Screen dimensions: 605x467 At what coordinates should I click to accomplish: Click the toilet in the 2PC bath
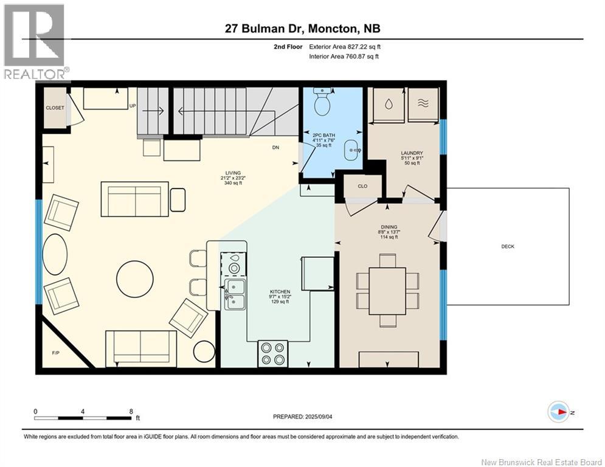[x=322, y=101]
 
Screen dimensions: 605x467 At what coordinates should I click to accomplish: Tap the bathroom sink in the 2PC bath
[x=351, y=149]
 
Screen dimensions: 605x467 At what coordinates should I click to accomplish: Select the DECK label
[x=508, y=246]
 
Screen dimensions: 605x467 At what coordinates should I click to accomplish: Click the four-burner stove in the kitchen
[x=273, y=353]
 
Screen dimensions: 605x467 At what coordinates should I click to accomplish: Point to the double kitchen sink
[x=235, y=294]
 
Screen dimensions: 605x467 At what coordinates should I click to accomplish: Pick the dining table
[x=387, y=286]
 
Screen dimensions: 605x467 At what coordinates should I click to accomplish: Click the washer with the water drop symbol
[x=388, y=105]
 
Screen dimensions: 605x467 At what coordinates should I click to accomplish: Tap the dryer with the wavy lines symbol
[x=423, y=103]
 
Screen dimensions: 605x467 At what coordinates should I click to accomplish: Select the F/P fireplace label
[x=56, y=353]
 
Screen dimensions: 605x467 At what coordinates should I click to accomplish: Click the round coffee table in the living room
[x=135, y=279]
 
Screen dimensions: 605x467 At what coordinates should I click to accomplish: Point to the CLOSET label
[x=55, y=108]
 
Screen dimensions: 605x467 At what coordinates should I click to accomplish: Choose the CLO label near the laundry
[x=362, y=186]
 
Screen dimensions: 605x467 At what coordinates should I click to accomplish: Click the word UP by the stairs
[x=133, y=106]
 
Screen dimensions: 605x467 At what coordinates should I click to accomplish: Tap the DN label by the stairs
[x=275, y=147]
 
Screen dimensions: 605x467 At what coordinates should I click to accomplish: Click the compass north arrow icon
[x=559, y=412]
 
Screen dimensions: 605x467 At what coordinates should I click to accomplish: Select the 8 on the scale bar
[x=131, y=412]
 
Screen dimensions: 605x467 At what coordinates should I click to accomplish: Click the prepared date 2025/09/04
[x=319, y=417]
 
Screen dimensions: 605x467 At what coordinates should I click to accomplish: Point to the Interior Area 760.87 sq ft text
[x=344, y=57]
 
